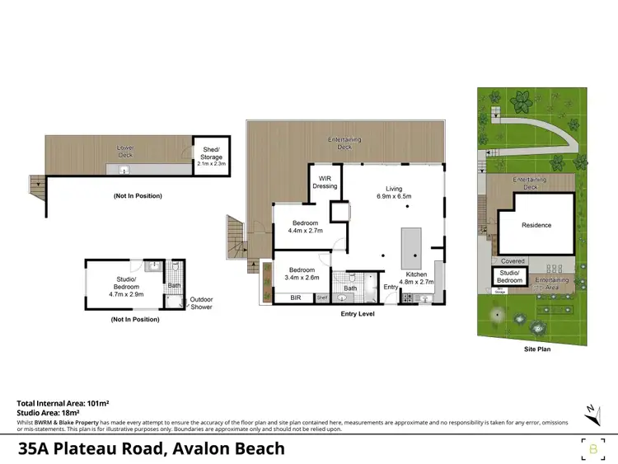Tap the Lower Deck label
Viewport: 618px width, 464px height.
tap(124, 152)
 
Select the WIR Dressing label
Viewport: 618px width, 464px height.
tap(325, 181)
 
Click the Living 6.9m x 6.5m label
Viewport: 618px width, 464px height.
tap(393, 192)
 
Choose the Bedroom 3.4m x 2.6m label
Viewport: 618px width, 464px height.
tap(302, 273)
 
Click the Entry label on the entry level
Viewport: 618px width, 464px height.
tap(391, 287)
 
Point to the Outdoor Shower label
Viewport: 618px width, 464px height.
tap(201, 303)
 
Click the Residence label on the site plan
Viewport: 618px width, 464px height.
tap(536, 225)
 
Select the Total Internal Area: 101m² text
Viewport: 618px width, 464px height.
tap(63, 402)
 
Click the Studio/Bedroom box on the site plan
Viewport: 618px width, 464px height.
tap(510, 278)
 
